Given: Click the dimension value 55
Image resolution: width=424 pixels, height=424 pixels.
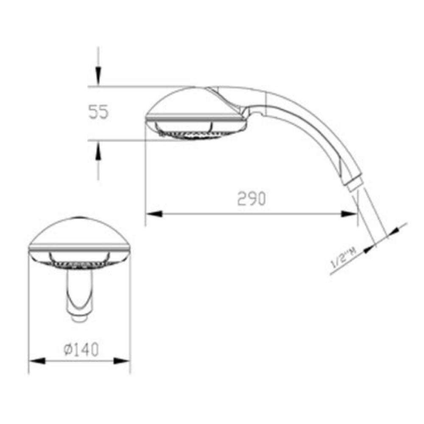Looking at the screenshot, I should pyautogui.click(x=98, y=112).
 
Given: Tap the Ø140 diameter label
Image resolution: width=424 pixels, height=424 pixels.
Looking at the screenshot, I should pyautogui.click(x=81, y=350).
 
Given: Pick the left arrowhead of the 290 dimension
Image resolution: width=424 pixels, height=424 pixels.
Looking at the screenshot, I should pyautogui.click(x=153, y=214).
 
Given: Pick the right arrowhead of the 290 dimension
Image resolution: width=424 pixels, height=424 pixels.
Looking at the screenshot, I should pyautogui.click(x=349, y=214).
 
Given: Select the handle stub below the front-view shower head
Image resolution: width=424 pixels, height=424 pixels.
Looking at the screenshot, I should pyautogui.click(x=79, y=297).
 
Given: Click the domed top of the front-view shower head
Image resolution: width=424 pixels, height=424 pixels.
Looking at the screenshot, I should pyautogui.click(x=80, y=231).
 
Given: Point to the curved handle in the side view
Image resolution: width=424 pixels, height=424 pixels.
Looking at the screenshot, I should pyautogui.click(x=314, y=127).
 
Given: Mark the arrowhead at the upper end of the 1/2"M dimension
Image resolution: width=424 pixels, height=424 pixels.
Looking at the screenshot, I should pyautogui.click(x=395, y=230).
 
